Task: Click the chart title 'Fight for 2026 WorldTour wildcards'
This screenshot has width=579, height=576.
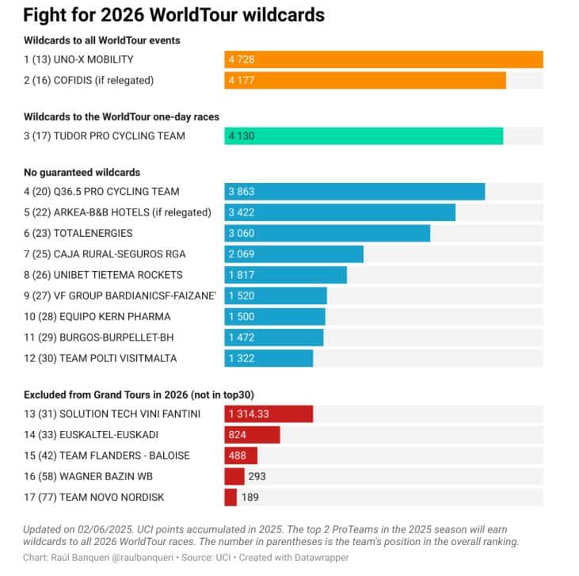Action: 173,15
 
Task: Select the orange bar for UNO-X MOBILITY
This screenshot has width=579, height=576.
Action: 383,59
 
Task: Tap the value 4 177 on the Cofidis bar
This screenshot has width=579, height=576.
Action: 241,80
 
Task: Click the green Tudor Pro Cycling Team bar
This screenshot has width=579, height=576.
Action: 364,136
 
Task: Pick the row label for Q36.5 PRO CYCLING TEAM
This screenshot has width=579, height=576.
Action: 101,192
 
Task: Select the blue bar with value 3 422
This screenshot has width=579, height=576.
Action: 340,212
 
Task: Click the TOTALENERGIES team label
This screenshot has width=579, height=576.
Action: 78,233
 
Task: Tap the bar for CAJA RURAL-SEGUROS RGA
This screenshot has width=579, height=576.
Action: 294,254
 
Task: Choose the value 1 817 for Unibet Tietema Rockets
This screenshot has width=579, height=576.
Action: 241,275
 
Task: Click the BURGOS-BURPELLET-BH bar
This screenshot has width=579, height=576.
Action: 274,338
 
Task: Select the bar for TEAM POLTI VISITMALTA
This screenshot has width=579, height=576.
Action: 269,358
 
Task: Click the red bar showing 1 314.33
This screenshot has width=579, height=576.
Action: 269,414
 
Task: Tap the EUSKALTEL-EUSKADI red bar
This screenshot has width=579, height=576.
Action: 252,435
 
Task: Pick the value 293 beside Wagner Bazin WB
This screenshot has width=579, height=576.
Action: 257,477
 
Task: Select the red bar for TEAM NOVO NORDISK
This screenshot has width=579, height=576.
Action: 230,498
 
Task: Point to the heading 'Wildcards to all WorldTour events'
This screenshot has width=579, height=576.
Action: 102,40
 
